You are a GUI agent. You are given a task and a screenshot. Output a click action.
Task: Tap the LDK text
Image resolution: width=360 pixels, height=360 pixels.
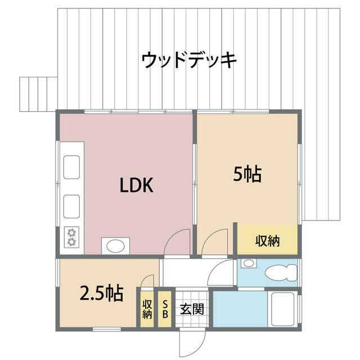coord(136,186)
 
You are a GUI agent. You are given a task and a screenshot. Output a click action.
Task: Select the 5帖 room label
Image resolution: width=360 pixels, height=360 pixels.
coord(247,175)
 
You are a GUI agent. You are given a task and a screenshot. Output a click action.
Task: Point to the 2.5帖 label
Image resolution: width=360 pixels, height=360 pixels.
coord(101,293)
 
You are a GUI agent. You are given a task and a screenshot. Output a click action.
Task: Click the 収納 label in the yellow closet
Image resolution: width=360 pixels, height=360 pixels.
coord(267,241)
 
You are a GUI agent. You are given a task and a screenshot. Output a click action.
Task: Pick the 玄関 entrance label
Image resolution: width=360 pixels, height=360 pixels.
coord(188,309)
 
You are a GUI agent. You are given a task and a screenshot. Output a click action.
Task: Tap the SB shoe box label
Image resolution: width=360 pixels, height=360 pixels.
coord(165,308)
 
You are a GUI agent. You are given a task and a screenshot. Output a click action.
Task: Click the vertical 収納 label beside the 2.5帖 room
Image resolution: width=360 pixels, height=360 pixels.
coord(147,309)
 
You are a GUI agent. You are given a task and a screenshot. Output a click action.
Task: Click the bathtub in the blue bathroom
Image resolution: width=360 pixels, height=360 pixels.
coord(282,308)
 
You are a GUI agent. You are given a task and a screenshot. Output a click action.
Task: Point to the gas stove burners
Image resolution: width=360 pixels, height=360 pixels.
coord(71,237)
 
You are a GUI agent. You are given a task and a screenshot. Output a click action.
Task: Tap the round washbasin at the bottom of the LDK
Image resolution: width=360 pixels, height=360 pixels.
coord(115,246)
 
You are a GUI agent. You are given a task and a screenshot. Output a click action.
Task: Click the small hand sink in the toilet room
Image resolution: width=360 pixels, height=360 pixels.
coord(248,263)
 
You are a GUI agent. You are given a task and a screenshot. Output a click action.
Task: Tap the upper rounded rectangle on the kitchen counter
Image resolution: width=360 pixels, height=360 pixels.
coord(71,167)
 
